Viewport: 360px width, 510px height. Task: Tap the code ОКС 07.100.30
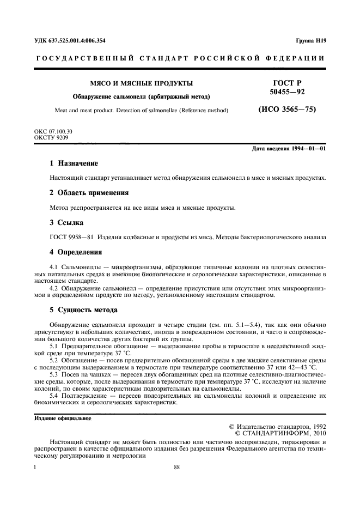coord(53,132)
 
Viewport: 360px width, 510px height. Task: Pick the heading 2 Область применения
coord(89,193)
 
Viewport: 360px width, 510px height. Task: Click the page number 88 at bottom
coord(177,467)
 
